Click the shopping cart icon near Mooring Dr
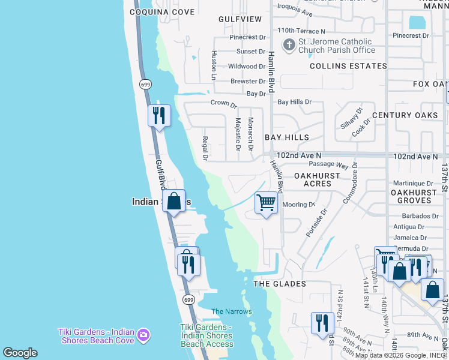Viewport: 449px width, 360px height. (x=266, y=202)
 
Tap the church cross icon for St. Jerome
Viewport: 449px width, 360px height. (x=289, y=44)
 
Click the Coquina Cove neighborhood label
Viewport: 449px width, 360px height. (x=162, y=12)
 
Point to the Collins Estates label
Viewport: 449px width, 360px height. (x=348, y=66)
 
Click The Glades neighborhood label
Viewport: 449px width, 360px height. (x=280, y=284)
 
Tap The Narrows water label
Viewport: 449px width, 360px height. (x=232, y=311)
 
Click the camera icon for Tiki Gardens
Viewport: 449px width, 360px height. (x=143, y=334)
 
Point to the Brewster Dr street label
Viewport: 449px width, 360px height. (x=248, y=82)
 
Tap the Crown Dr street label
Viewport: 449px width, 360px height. (x=223, y=103)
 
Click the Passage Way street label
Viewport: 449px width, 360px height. (x=328, y=165)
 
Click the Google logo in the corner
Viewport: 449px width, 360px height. (x=20, y=353)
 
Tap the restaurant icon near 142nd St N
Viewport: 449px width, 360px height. (x=322, y=322)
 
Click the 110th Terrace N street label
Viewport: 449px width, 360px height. (x=301, y=31)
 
